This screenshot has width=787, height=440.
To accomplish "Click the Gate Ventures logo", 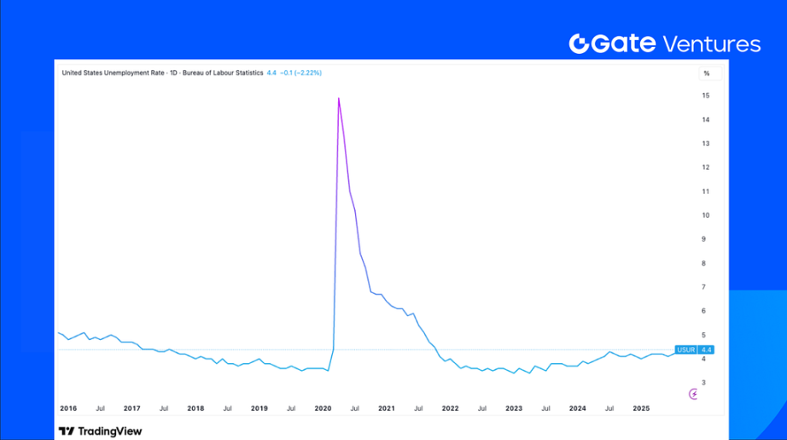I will (665, 44).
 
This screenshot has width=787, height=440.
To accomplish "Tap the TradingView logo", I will (100, 431).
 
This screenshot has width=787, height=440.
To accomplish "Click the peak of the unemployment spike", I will (339, 98).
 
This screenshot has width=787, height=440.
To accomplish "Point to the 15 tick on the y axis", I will (706, 96).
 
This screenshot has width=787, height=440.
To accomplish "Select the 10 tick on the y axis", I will (706, 215).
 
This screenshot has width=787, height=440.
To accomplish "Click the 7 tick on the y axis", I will (706, 287).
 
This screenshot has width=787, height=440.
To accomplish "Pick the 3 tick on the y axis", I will (706, 383).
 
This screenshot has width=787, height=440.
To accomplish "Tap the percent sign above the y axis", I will (706, 73).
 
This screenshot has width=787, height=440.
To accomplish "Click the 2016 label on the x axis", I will (68, 408).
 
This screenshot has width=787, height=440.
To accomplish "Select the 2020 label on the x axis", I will (324, 408).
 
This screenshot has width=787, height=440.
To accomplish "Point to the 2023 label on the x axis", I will (514, 408).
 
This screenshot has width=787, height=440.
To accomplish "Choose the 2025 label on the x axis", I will (641, 408).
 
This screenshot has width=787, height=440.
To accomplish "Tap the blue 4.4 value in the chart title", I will (271, 73).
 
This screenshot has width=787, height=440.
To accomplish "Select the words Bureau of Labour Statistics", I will (223, 73).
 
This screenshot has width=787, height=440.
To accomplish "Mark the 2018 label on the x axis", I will (195, 408).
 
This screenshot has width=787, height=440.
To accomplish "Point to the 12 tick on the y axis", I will (706, 167).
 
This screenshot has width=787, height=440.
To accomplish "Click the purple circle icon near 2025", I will (693, 393).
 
